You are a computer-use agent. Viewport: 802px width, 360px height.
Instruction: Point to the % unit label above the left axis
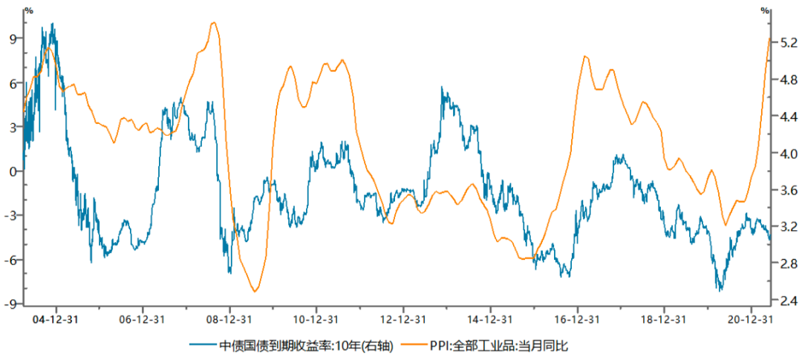tap(28, 10)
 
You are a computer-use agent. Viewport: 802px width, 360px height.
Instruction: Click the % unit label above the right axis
tap(766, 10)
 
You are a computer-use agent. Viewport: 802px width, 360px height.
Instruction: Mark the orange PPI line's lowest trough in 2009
tap(254, 291)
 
